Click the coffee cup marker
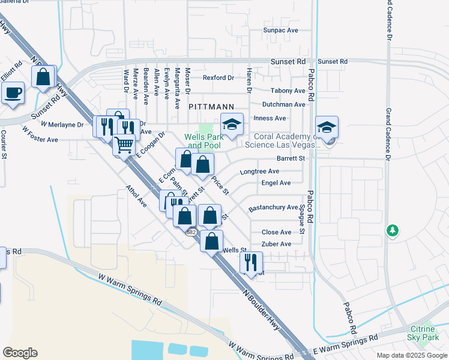(13, 93)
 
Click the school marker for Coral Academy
(327, 128)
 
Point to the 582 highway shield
(191, 232)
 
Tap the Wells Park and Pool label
(203, 141)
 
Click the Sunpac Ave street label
(280, 29)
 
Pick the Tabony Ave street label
(288, 91)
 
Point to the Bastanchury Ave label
(274, 207)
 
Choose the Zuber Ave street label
(276, 244)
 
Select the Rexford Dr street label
(218, 78)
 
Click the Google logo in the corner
(20, 353)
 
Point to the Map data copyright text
(411, 355)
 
